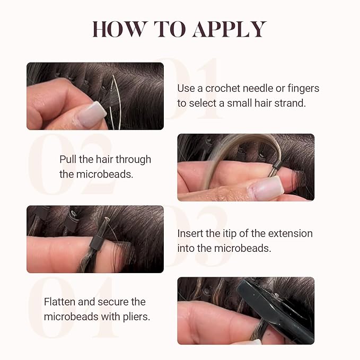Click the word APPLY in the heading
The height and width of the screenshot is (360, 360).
point(230,29)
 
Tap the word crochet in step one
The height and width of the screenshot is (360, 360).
point(223,89)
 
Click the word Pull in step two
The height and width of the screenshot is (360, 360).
point(68,160)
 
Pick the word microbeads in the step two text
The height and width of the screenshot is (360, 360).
point(104,174)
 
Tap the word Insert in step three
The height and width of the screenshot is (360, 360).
point(190,233)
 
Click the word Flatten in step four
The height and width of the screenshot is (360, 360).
point(60,302)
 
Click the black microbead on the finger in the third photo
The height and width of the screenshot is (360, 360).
point(96,242)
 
